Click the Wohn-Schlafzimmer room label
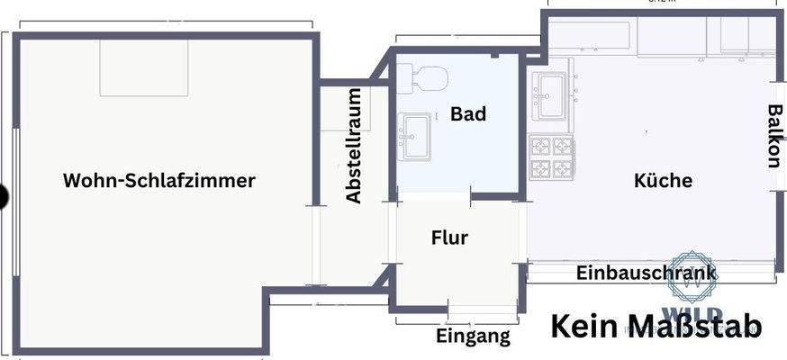159,180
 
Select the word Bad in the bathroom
468,114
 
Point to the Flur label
449,238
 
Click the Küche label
663,180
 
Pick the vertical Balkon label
773,136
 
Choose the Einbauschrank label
647,273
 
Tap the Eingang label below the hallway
473,337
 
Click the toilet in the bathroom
423,78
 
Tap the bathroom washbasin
416,136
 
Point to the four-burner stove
552,157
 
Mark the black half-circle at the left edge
4,196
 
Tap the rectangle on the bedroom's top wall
144,67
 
